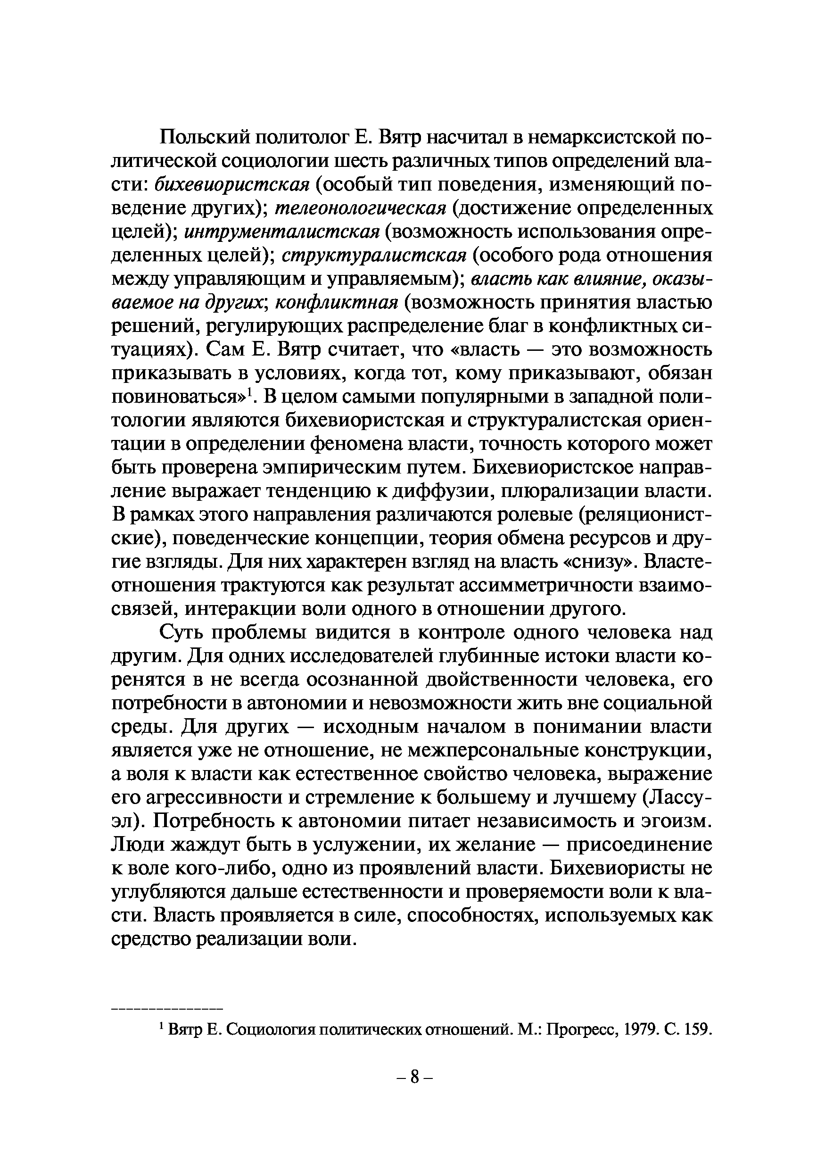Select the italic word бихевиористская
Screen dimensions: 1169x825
(231, 184)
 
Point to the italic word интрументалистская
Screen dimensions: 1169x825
(282, 232)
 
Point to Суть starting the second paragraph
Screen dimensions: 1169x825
(181, 633)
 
